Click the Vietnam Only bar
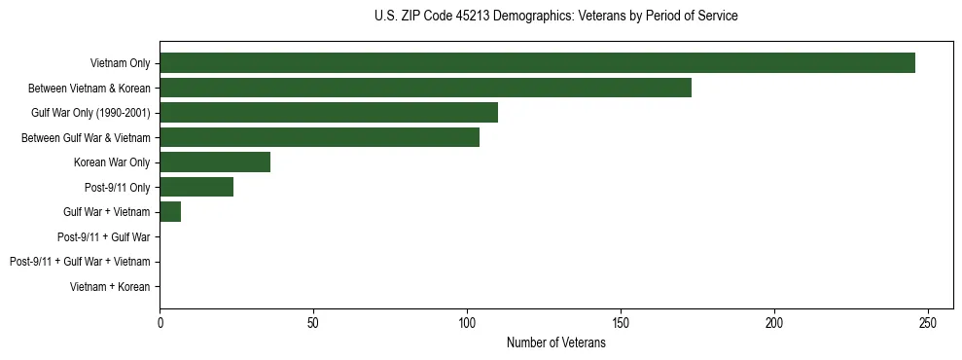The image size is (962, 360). [x=537, y=63]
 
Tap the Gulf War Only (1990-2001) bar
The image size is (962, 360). [x=329, y=113]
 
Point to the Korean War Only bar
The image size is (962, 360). [x=215, y=162]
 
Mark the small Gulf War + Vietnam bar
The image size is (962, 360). [x=170, y=212]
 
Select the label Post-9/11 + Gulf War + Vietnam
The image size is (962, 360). [x=80, y=262]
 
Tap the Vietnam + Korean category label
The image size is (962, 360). [x=110, y=287]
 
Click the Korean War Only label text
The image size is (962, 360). [x=112, y=162]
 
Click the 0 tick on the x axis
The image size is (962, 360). [x=160, y=323]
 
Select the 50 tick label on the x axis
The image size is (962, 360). [x=313, y=323]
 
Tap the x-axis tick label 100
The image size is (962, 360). [x=467, y=323]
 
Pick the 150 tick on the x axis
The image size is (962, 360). [x=621, y=323]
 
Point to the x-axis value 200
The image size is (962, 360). [x=774, y=323]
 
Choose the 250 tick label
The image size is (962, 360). [x=928, y=323]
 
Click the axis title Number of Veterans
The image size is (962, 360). [x=556, y=342]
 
